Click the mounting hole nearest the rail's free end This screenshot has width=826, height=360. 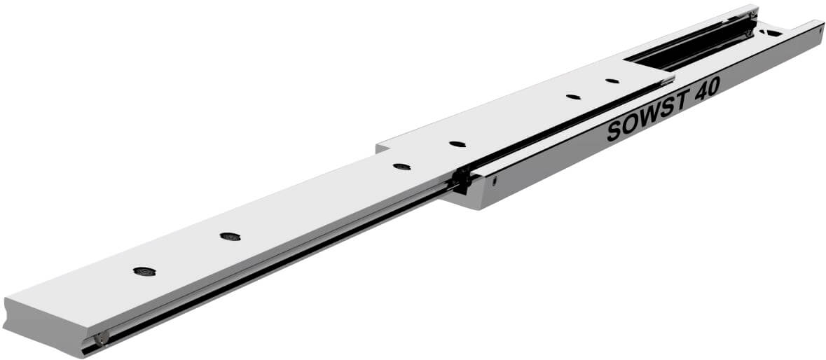coord(144,271)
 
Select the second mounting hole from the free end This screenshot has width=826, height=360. coord(230,236)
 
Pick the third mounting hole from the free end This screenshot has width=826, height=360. coord(402,166)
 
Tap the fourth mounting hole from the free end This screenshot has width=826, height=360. coord(457,144)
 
